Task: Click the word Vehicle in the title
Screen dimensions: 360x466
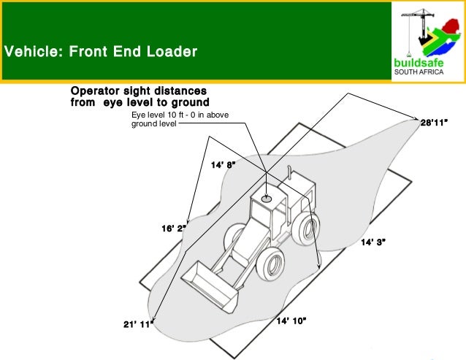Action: (28, 53)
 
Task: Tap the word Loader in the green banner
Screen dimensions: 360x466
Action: (171, 53)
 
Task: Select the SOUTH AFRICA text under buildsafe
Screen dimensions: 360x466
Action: (418, 72)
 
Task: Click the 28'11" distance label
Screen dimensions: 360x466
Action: (433, 122)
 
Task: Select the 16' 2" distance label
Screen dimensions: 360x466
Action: (174, 229)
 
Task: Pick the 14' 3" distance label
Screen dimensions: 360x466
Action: (373, 242)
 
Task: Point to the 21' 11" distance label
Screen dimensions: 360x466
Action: (137, 323)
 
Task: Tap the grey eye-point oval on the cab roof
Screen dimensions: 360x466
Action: (267, 197)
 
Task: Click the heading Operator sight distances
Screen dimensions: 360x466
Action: (140, 96)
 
